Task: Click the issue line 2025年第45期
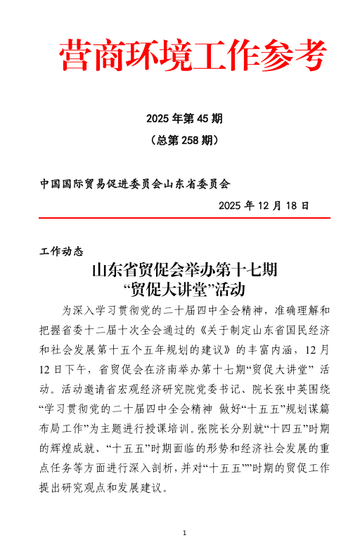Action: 184,117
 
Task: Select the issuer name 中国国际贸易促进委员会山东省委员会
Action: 136,184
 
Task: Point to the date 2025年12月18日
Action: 264,205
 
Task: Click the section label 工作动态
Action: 62,251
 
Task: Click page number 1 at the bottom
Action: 184,533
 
